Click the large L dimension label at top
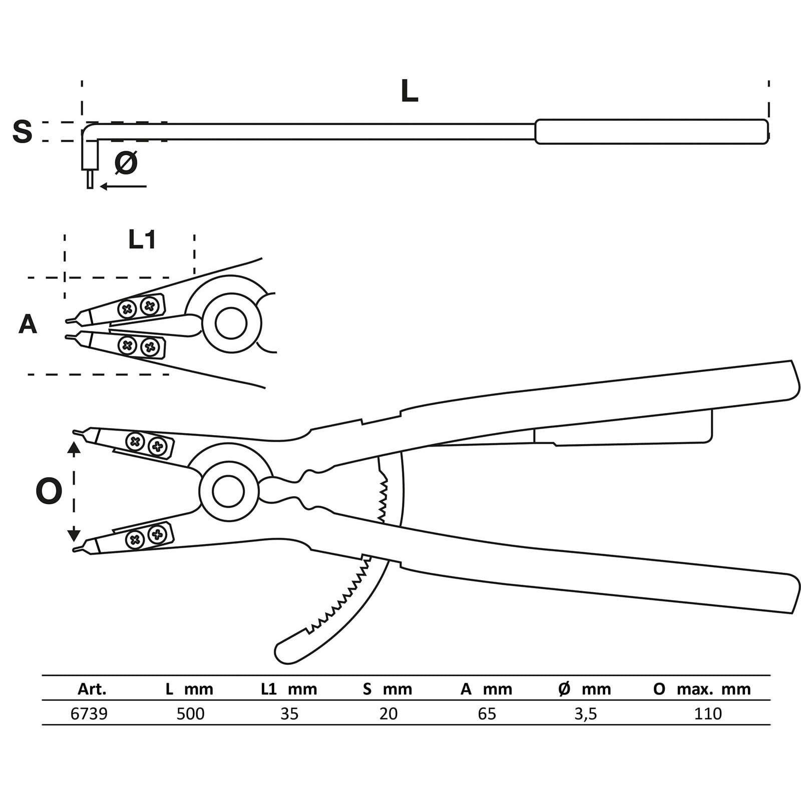(410, 92)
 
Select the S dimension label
(22, 131)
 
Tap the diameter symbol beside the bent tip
(126, 162)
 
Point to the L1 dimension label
(142, 239)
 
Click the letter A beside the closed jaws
(28, 324)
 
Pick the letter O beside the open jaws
(49, 491)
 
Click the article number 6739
(89, 713)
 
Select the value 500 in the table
(190, 713)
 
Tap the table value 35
(289, 713)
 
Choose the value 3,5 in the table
(585, 714)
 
